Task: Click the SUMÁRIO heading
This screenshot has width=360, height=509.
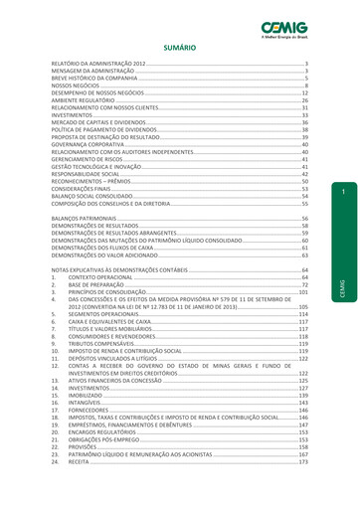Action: (180, 47)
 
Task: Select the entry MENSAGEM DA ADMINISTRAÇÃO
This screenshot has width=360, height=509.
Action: (92, 71)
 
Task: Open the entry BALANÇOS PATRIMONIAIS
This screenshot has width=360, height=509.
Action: (85, 218)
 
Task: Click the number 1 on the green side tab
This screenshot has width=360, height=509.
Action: (341, 190)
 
